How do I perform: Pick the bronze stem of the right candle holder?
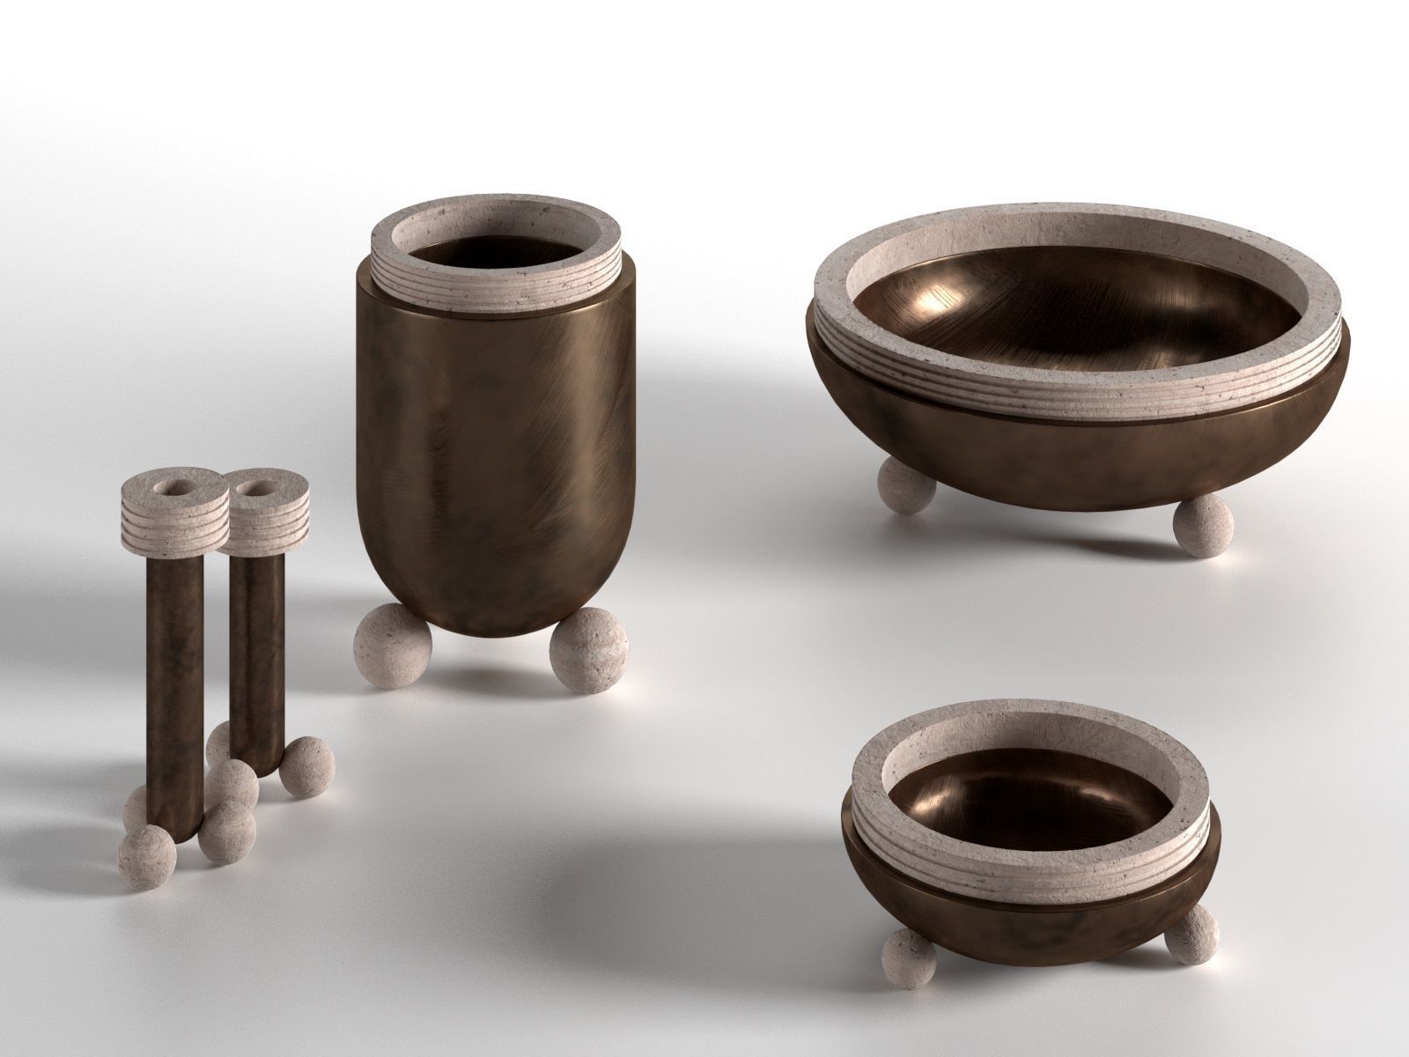tap(256, 634)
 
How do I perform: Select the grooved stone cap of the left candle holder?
tap(159, 520)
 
